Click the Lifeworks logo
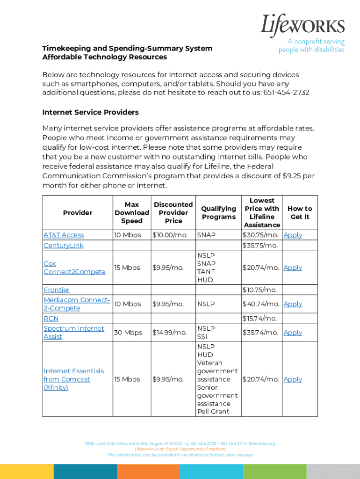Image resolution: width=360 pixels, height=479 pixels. [302, 25]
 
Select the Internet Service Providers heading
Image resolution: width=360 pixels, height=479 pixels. [90, 112]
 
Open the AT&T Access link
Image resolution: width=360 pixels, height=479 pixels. [64, 235]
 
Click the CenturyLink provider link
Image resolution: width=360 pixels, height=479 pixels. [63, 246]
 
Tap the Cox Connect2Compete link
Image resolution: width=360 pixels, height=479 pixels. [74, 268]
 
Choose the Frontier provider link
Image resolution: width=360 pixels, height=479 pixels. [57, 290]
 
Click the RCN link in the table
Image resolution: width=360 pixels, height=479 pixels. [51, 319]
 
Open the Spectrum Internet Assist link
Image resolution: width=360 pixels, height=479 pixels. [73, 333]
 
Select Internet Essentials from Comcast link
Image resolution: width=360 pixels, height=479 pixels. [73, 379]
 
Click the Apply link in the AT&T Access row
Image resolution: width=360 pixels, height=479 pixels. [293, 235]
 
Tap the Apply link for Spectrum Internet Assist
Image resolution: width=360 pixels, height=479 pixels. [293, 333]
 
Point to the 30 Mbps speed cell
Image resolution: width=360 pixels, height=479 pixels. [128, 333]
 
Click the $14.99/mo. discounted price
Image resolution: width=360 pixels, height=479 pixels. [169, 333]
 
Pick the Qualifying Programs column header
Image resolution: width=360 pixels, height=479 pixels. [218, 213]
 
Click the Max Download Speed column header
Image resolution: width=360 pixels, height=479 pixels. [132, 213]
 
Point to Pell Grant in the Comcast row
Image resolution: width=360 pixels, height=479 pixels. [213, 412]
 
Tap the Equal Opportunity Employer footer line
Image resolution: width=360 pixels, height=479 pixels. [180, 449]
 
